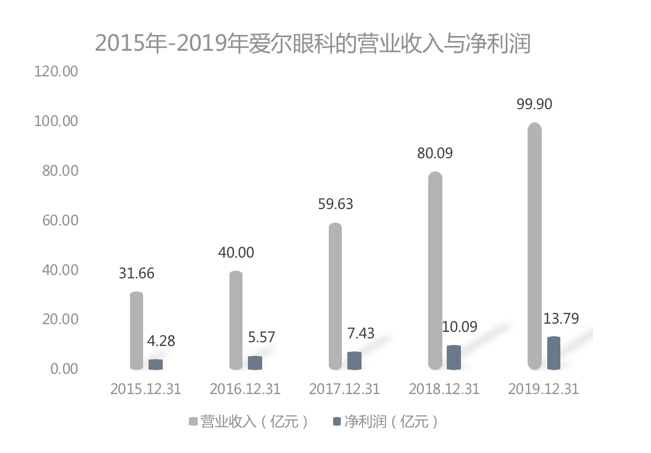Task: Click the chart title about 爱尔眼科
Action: [x=313, y=44]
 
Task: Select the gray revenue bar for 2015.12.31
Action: [x=137, y=331]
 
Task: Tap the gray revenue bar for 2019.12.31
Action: [x=535, y=246]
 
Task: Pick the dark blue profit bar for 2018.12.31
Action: [x=454, y=357]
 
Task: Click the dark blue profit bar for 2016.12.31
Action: [x=255, y=363]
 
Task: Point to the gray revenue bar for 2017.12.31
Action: [x=335, y=296]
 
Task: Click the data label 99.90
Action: [x=535, y=104]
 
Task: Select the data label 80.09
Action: [x=435, y=153]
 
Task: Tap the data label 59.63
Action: [x=335, y=204]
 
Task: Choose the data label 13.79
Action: [x=561, y=318]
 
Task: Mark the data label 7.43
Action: [x=361, y=333]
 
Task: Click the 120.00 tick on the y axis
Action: [x=56, y=71]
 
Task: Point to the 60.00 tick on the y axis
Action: [x=59, y=220]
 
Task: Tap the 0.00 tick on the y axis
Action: [x=64, y=369]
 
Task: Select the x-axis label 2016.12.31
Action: [x=245, y=389]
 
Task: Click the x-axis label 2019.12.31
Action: [x=543, y=389]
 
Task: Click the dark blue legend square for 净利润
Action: [x=336, y=422]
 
